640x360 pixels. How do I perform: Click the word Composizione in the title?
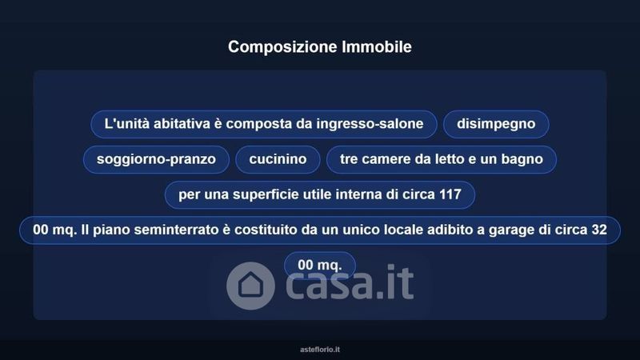point(283,47)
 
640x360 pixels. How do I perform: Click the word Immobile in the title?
point(377,47)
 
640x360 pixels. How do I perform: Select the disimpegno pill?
point(496,124)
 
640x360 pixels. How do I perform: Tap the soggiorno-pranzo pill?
point(156,159)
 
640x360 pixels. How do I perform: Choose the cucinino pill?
point(278,159)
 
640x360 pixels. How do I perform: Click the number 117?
point(450,194)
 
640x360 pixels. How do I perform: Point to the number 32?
point(599,230)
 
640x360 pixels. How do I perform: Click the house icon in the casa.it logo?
point(250,286)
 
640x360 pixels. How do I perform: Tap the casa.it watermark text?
point(350,282)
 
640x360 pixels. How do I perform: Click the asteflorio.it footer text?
point(320,350)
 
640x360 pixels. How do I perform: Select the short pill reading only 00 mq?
point(320,266)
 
